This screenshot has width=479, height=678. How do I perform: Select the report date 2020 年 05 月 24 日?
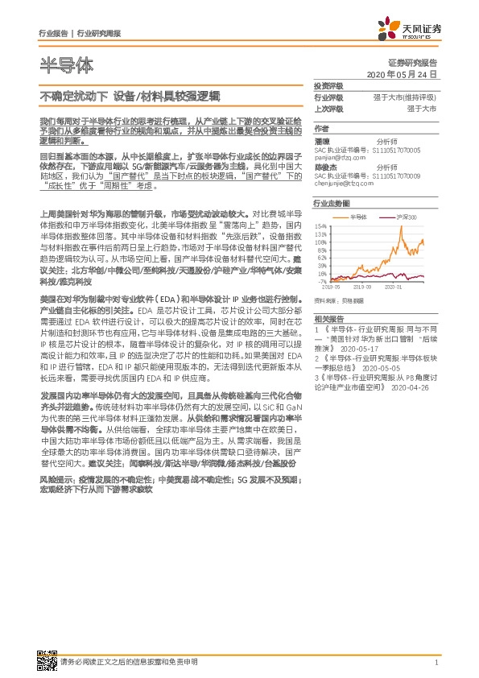coord(401,74)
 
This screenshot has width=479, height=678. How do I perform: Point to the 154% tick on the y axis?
coord(321,226)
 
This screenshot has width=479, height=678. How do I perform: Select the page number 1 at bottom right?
coord(436,663)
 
